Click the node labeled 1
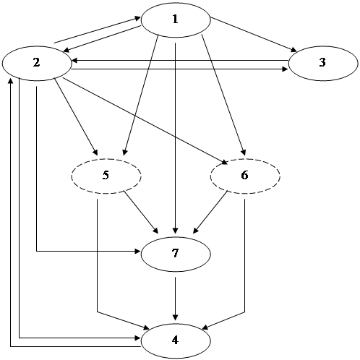pos(176,20)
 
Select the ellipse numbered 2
pos(37,64)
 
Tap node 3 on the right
pos(323,64)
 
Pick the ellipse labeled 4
pos(176,340)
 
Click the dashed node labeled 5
pos(106,176)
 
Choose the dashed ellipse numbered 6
pos(245,176)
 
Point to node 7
pos(176,254)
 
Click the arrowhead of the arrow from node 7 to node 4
pos(176,317)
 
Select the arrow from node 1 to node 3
pos(254,35)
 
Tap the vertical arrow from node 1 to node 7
pos(175,138)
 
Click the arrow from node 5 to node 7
pos(141,212)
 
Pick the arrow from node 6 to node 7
pos(210,212)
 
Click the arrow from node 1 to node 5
pos(141,95)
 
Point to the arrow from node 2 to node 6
pos(145,121)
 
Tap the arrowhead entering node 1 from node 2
pos(138,18)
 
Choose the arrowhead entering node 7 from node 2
pos(137,252)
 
